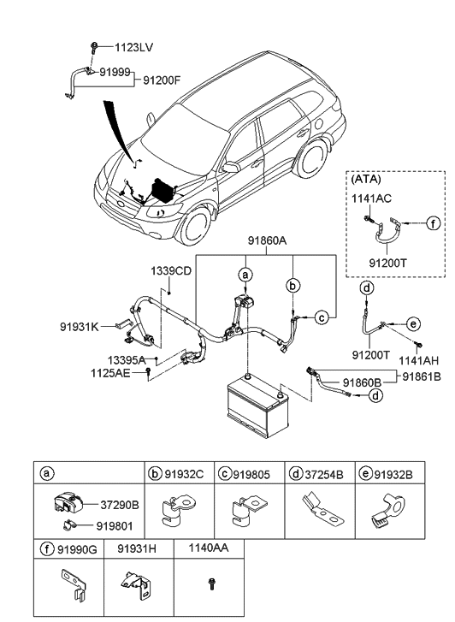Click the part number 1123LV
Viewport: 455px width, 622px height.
tap(133, 48)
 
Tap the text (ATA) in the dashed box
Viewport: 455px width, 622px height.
tap(366, 179)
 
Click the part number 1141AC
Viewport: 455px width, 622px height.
tap(371, 198)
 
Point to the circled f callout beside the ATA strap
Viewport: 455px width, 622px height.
tap(433, 223)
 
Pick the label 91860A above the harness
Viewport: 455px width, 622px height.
tap(268, 240)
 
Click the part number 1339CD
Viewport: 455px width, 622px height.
tap(171, 271)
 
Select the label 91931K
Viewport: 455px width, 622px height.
tap(80, 327)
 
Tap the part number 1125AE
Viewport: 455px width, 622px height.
tap(110, 373)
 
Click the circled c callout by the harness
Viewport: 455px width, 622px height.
tap(322, 317)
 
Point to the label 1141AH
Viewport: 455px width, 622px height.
tap(418, 360)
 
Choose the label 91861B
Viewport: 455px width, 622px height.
tap(422, 376)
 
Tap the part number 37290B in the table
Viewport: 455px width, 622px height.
tap(120, 505)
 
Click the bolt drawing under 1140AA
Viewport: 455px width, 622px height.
tap(210, 583)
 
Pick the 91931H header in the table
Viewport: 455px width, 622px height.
tap(137, 548)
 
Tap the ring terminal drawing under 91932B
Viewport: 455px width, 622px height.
tap(388, 511)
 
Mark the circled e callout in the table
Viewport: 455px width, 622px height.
tap(365, 474)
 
